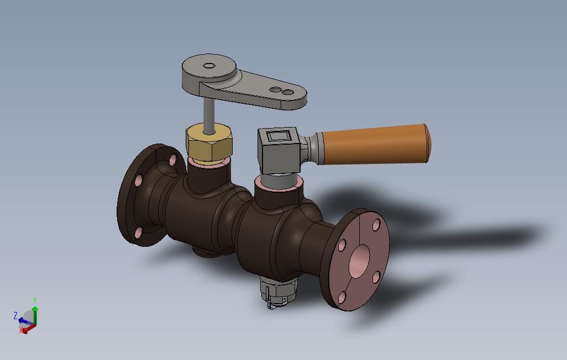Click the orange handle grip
tap(376, 144)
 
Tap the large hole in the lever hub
tap(209, 66)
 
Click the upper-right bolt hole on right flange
tap(376, 225)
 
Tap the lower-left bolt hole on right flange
tap(343, 297)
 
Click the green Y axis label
tap(35, 300)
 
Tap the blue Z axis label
tap(15, 315)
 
